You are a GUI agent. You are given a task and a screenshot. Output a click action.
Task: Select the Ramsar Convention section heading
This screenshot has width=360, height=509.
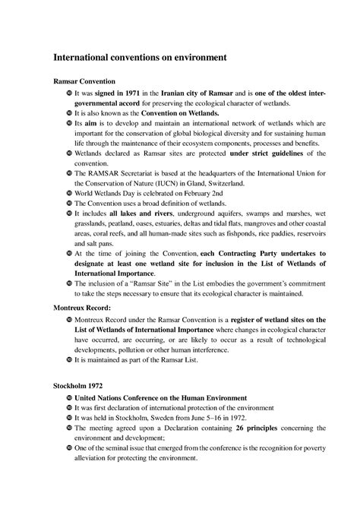(x=84, y=80)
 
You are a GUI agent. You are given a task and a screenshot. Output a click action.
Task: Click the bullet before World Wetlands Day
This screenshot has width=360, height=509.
(x=68, y=194)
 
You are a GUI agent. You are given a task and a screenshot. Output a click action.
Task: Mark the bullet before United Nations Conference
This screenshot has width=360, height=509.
(x=68, y=397)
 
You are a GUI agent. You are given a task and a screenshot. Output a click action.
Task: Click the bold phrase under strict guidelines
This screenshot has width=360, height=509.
(x=268, y=153)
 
